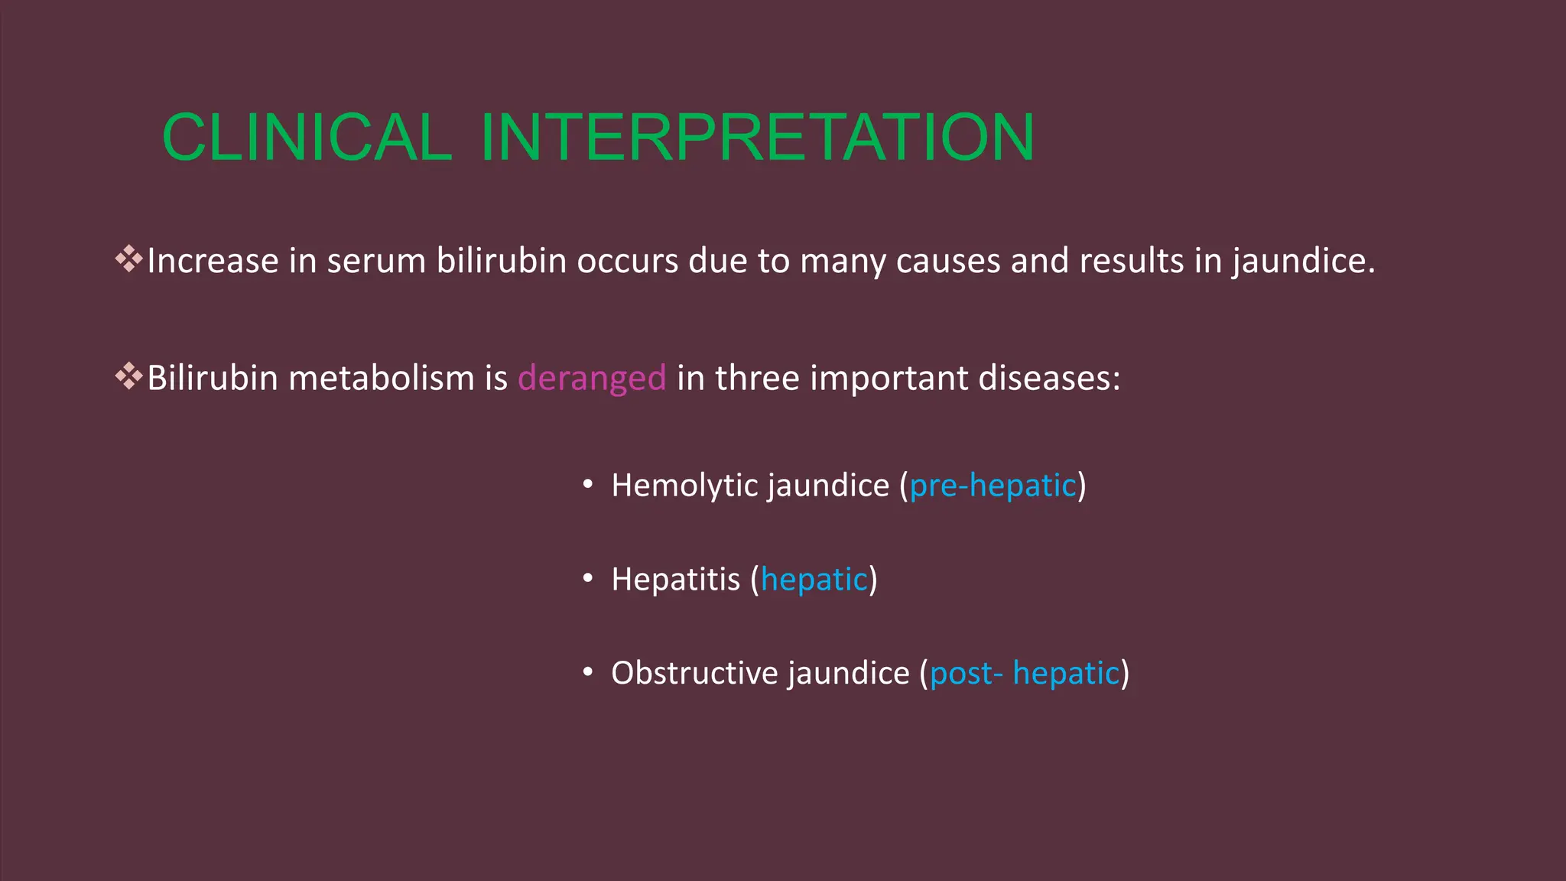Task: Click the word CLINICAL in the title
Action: tap(307, 138)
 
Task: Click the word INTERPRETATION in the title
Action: tap(757, 138)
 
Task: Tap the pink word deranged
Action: tap(592, 379)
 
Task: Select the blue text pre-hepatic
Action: tap(993, 486)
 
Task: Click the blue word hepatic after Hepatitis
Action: tap(814, 580)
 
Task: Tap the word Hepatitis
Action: tap(676, 580)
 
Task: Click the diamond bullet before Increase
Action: tap(129, 259)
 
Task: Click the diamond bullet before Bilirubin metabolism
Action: tap(129, 376)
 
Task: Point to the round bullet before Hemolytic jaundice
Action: tap(587, 485)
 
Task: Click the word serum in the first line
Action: tap(376, 262)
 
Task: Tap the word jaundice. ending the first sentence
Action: tap(1303, 262)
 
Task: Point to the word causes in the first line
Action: tap(948, 262)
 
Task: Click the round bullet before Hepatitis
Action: tap(587, 579)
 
